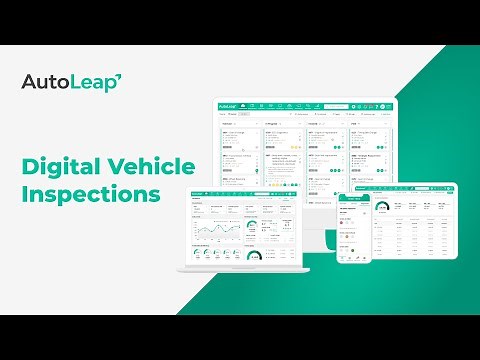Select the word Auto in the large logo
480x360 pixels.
click(46, 82)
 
